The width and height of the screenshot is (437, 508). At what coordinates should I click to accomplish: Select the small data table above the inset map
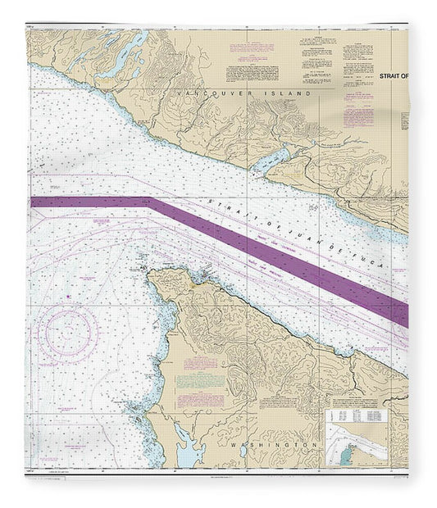point(361,416)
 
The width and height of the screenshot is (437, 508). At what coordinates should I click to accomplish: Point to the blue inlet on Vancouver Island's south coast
point(271,161)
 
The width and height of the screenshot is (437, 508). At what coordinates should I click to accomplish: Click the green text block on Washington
point(201,381)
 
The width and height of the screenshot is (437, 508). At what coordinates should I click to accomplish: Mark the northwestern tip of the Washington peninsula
point(150,274)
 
